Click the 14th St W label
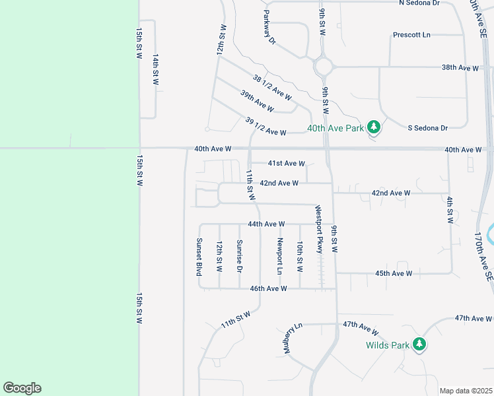coord(156,70)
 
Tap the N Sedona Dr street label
coord(419,3)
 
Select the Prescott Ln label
coord(411,34)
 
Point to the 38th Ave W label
coord(460,68)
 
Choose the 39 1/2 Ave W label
coord(265,127)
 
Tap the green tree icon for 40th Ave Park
coord(374,127)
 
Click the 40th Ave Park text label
coord(335,127)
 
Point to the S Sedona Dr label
coord(427,127)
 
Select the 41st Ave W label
coord(286,163)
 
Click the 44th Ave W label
coord(266,224)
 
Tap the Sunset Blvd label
coord(198,256)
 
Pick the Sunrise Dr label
coord(239,255)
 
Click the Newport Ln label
coord(280,256)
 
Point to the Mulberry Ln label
coord(293,338)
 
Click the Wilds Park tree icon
coord(419,344)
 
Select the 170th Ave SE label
coord(484,257)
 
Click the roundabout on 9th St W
coord(324,67)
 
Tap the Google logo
coord(22,388)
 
